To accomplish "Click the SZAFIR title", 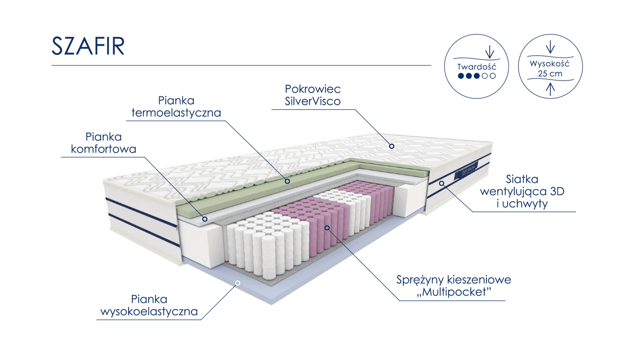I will coord(88,46).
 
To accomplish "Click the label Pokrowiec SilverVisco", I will coord(312,95).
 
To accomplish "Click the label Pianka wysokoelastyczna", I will coord(149,306).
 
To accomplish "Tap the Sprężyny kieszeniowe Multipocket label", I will coord(454,286).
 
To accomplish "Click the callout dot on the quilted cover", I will coord(391,146).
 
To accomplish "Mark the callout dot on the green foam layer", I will coord(288,180).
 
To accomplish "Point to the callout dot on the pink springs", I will coord(327,228).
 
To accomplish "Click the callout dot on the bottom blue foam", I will coord(237,283).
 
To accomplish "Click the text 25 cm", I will coord(550,74).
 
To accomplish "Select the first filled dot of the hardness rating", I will coord(461,76).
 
